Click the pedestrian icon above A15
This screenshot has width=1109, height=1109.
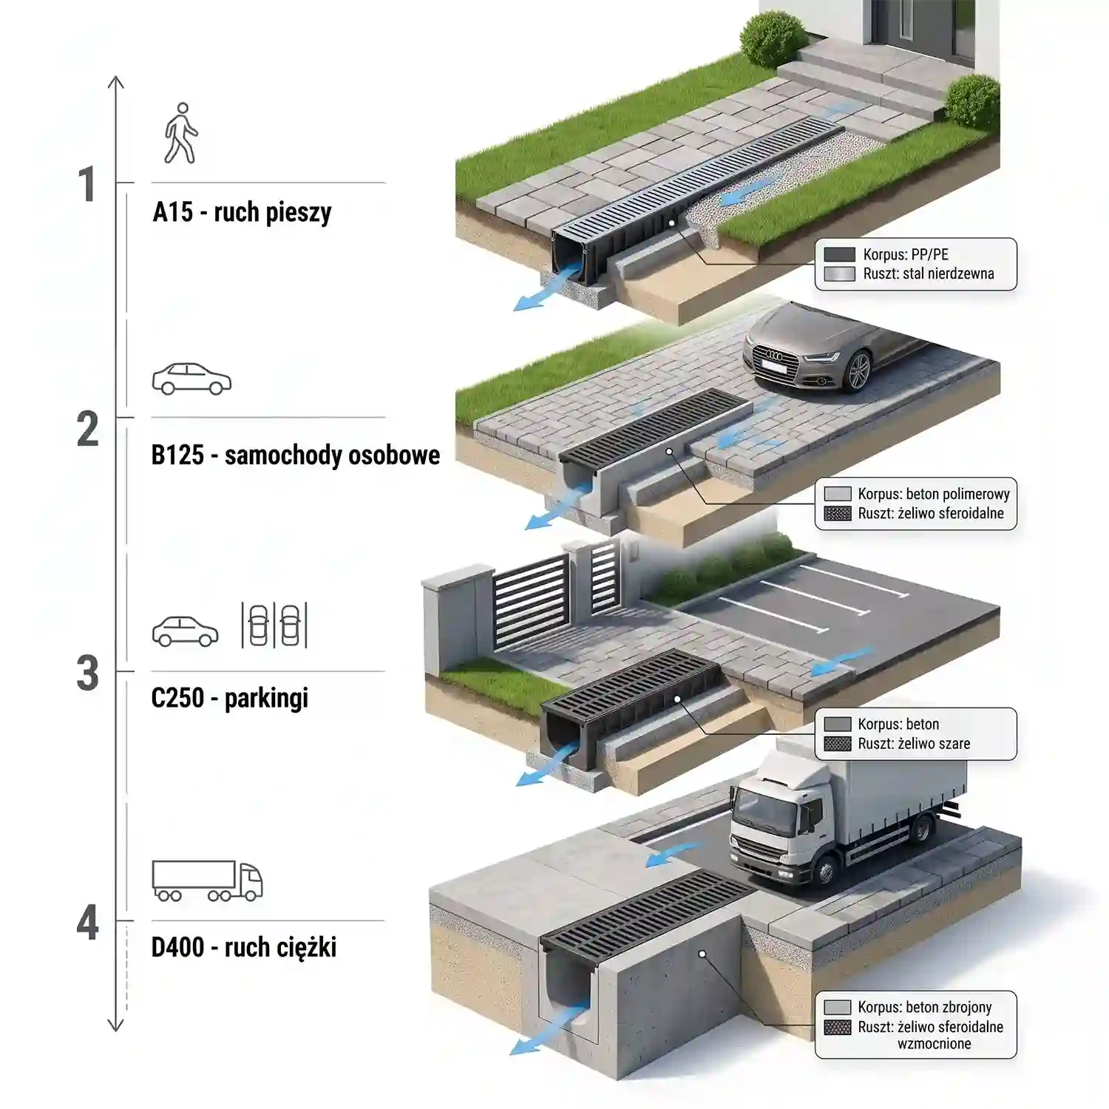(181, 133)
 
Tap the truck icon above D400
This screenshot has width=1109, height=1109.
(207, 881)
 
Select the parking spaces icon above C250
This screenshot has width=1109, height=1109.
(274, 625)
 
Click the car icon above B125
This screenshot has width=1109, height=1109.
(191, 379)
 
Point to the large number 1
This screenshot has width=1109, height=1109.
(88, 185)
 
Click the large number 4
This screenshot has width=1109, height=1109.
(88, 923)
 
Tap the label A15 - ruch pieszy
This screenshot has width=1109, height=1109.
(242, 213)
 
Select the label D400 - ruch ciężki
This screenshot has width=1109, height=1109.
(244, 947)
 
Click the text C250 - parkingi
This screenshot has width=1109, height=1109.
(229, 698)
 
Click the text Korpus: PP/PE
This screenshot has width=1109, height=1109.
(906, 254)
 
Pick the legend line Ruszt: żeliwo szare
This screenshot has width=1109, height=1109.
(914, 744)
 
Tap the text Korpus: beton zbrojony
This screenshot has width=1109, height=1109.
(925, 1007)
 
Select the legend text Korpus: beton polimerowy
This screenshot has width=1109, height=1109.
(934, 494)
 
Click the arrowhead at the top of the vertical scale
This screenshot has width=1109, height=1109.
(116, 81)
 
